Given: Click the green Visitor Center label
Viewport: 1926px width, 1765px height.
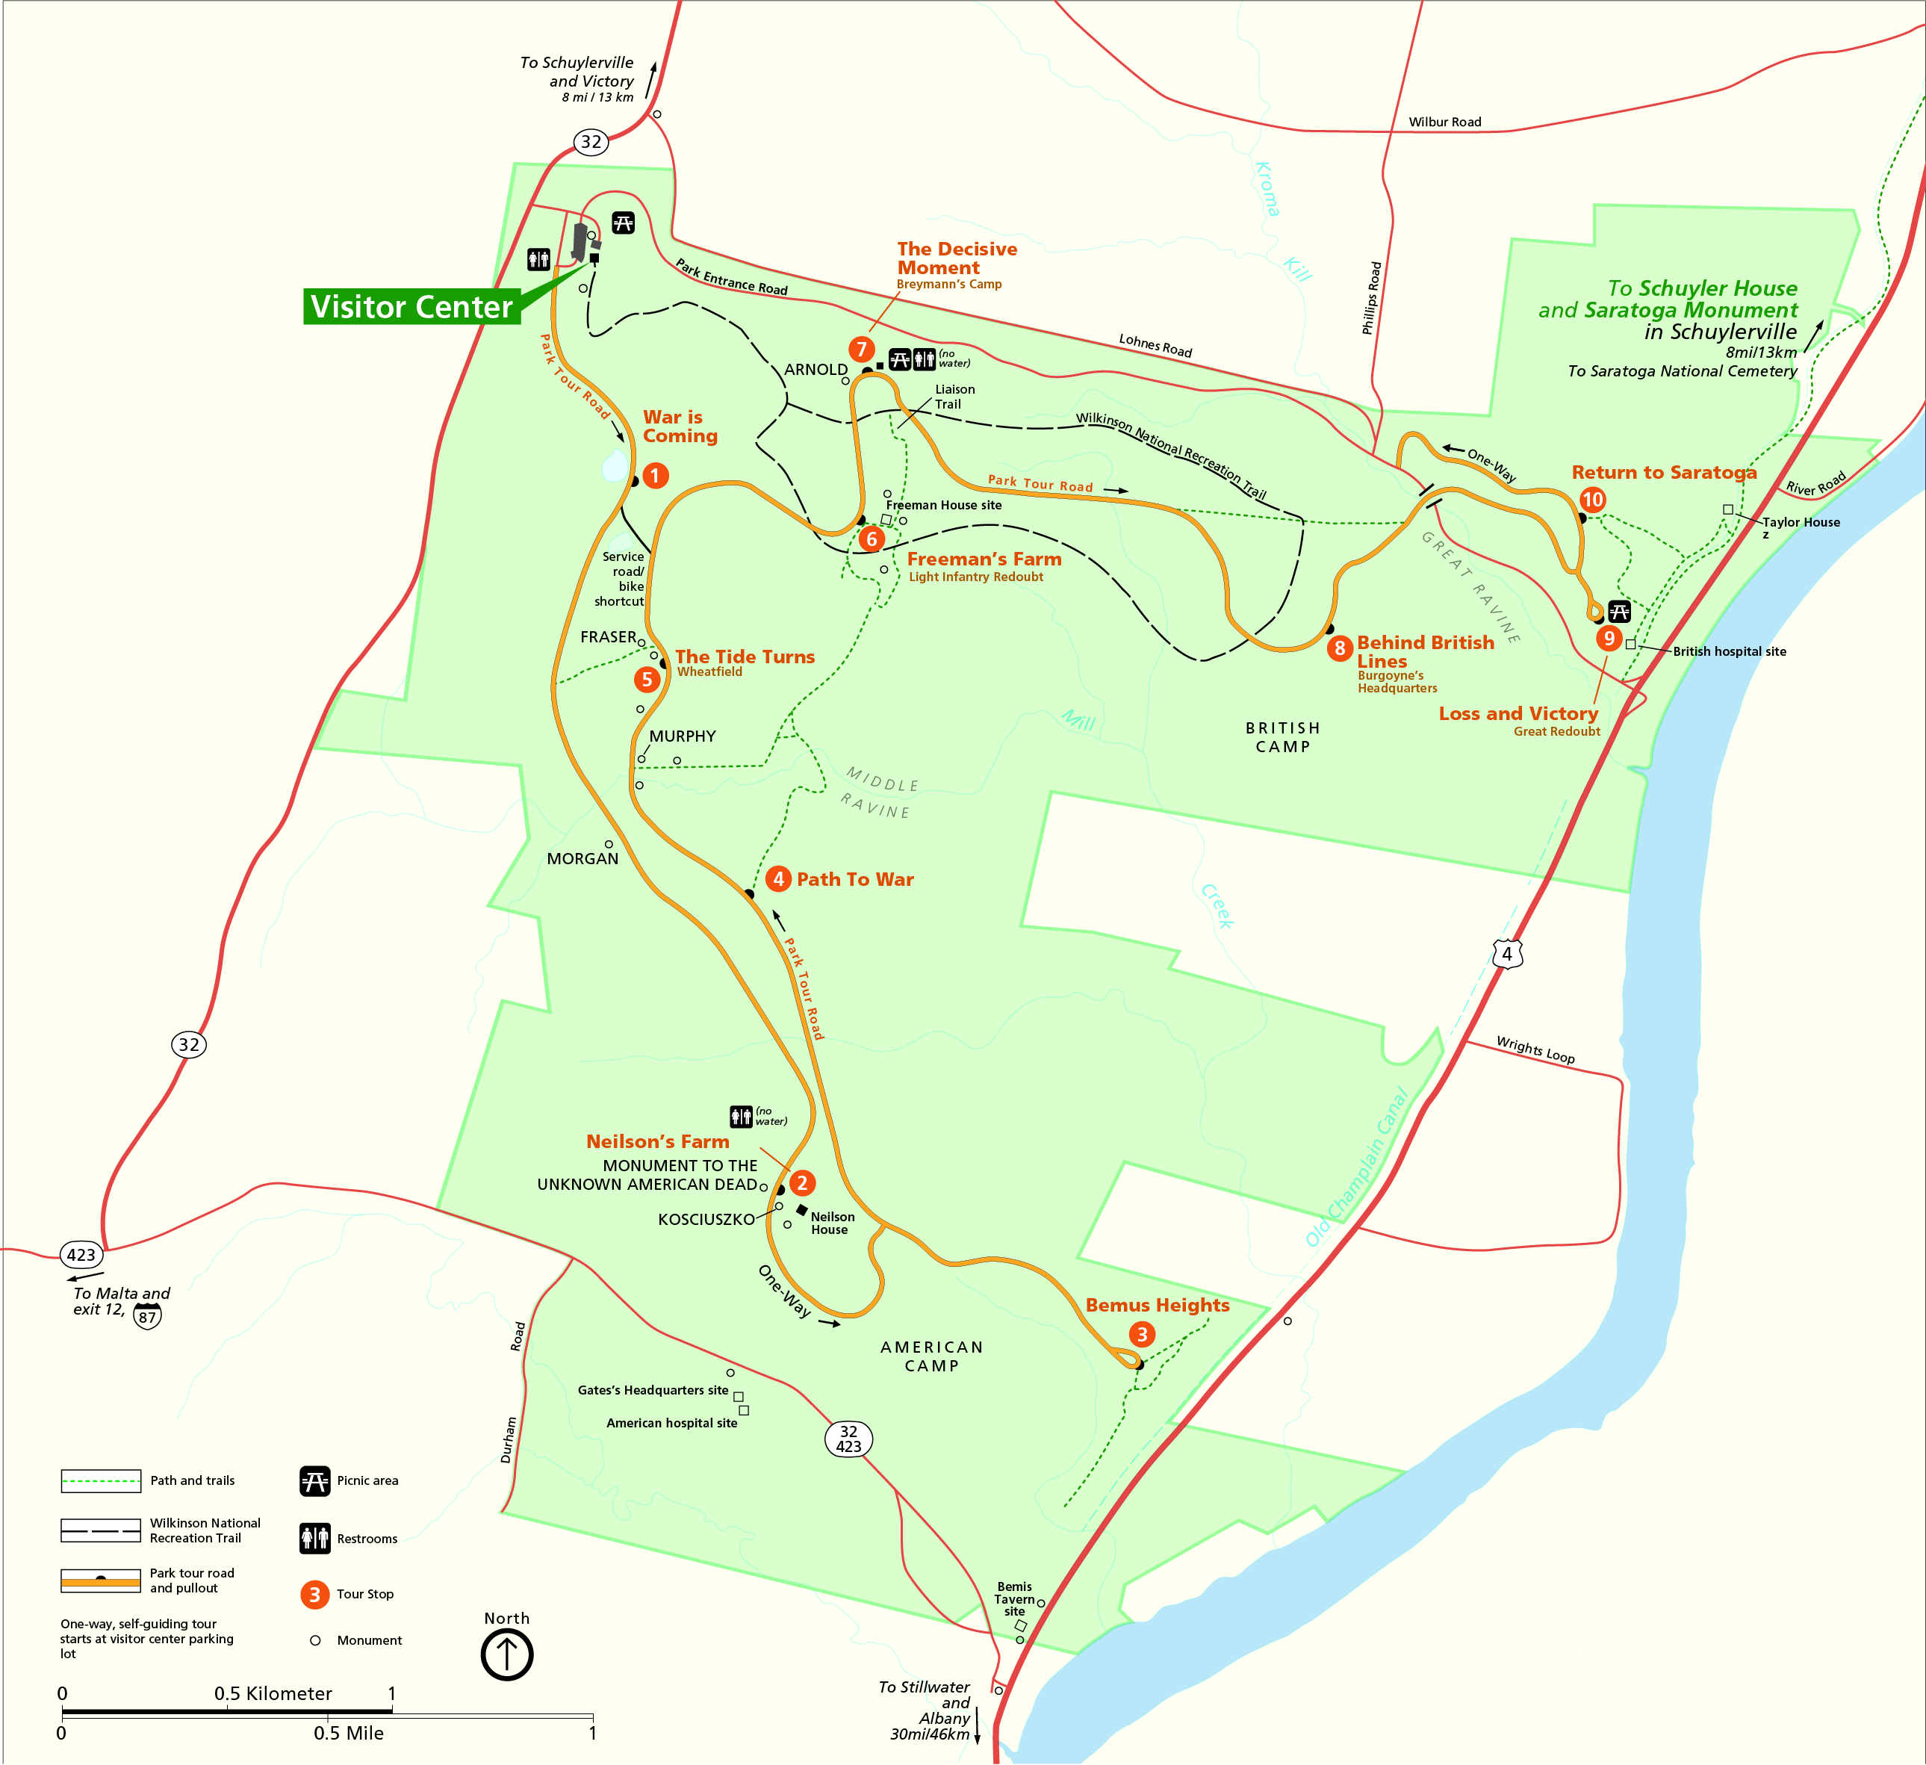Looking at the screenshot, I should pyautogui.click(x=411, y=307).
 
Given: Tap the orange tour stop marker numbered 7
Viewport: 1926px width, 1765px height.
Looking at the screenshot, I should pyautogui.click(x=861, y=350).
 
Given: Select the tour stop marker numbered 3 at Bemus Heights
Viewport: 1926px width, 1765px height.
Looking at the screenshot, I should pyautogui.click(x=1142, y=1335).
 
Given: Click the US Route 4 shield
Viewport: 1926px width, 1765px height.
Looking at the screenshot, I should pyautogui.click(x=1506, y=954).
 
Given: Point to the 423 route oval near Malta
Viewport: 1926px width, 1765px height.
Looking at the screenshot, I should pyautogui.click(x=81, y=1255).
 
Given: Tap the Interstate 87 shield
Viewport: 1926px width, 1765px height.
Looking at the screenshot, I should pyautogui.click(x=147, y=1317).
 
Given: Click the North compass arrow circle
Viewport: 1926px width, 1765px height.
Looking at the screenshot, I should pyautogui.click(x=506, y=1655).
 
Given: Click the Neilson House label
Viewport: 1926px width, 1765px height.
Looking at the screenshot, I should pyautogui.click(x=832, y=1223).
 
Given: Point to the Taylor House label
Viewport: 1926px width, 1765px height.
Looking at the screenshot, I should pyautogui.click(x=1801, y=523).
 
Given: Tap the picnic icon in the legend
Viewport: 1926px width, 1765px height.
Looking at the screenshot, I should pyautogui.click(x=314, y=1481).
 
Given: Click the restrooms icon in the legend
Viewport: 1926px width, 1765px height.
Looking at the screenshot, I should pyautogui.click(x=314, y=1539).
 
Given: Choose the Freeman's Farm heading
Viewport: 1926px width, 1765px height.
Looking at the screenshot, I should pyautogui.click(x=984, y=559).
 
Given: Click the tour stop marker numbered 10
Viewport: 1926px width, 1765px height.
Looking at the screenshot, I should pyautogui.click(x=1593, y=500).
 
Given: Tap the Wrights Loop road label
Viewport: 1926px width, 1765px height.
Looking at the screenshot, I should pyautogui.click(x=1535, y=1050).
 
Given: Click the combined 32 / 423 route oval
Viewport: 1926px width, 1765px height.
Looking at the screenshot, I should pyautogui.click(x=848, y=1439).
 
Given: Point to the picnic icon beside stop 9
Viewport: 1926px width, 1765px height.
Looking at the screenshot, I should pyautogui.click(x=1618, y=611).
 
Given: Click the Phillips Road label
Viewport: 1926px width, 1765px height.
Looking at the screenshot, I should pyautogui.click(x=1371, y=298).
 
